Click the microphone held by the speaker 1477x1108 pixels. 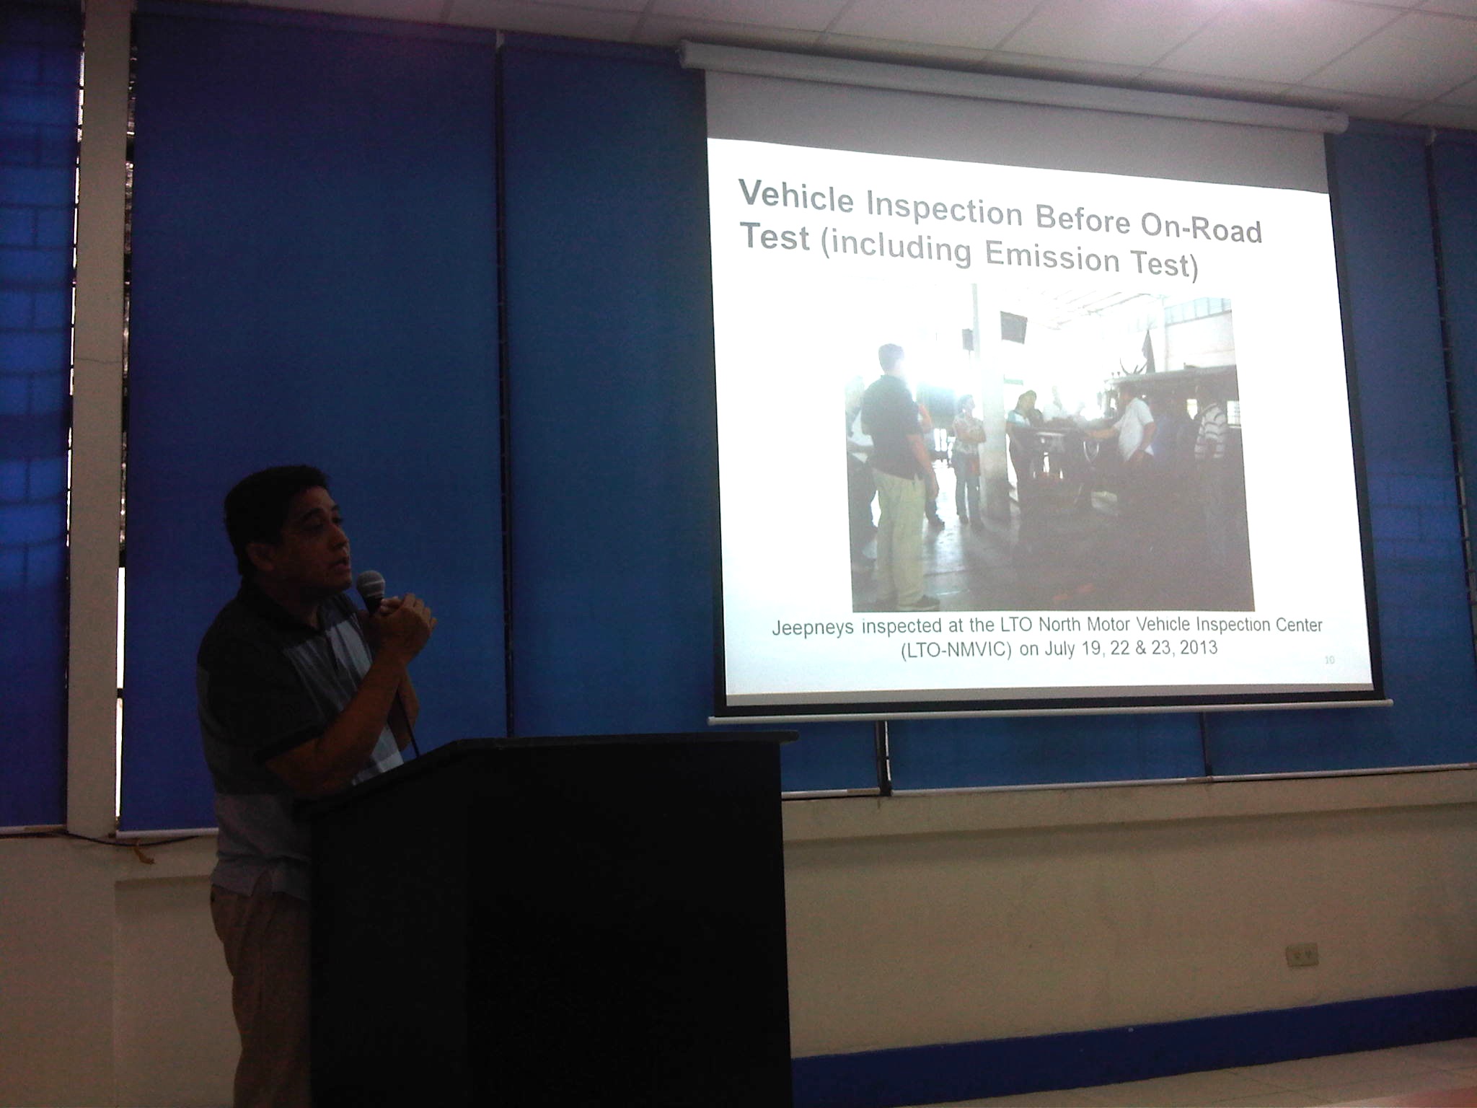(371, 591)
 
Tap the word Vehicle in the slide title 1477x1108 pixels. (795, 196)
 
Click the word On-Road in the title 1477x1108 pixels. (1201, 227)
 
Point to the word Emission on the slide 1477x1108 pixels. (1051, 256)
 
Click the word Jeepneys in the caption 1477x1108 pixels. (812, 628)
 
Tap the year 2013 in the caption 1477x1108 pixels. (1199, 646)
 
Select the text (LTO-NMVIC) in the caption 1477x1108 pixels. (956, 649)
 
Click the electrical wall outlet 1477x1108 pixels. (1302, 955)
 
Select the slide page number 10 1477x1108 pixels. (1330, 659)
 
